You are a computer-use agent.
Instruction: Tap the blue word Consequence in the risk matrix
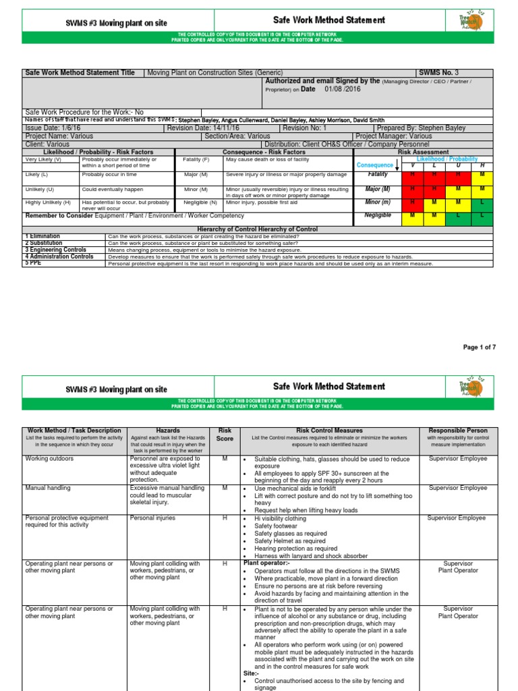(x=374, y=165)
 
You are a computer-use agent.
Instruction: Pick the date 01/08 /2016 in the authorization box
(x=343, y=88)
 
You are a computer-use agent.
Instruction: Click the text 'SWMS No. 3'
(x=439, y=73)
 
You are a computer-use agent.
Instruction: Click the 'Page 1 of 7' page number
(x=479, y=347)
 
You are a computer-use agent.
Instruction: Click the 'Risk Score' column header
(x=225, y=434)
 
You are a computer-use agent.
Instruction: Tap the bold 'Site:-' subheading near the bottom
(x=250, y=673)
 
